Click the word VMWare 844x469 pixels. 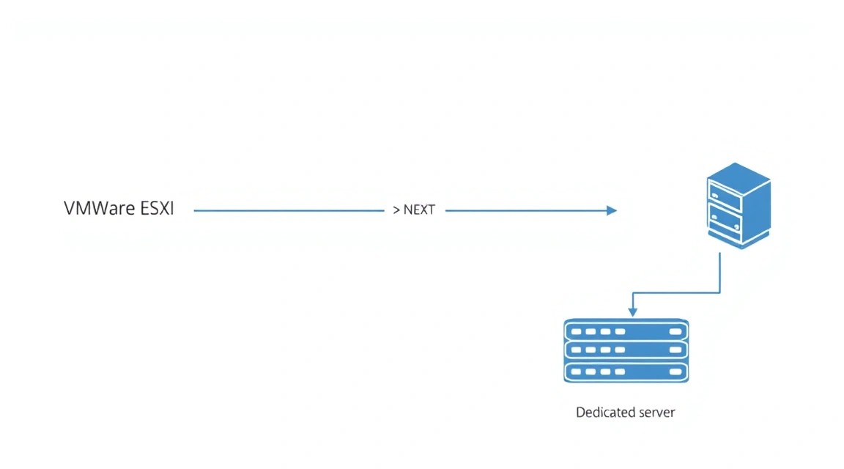point(99,208)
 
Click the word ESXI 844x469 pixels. point(158,208)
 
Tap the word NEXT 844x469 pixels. point(419,210)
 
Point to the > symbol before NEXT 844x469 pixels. point(396,210)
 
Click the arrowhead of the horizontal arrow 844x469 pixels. point(612,210)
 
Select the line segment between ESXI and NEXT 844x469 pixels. point(289,210)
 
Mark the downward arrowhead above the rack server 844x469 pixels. point(633,312)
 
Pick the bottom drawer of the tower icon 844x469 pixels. point(725,219)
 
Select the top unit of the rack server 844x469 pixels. point(626,330)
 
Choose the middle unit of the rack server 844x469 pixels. point(626,350)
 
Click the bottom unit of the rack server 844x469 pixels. point(626,372)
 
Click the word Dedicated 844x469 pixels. point(600,412)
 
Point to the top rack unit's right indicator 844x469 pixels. point(675,331)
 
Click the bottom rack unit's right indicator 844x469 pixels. point(675,372)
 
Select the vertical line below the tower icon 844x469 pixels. point(719,273)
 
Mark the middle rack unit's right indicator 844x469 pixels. point(675,350)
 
